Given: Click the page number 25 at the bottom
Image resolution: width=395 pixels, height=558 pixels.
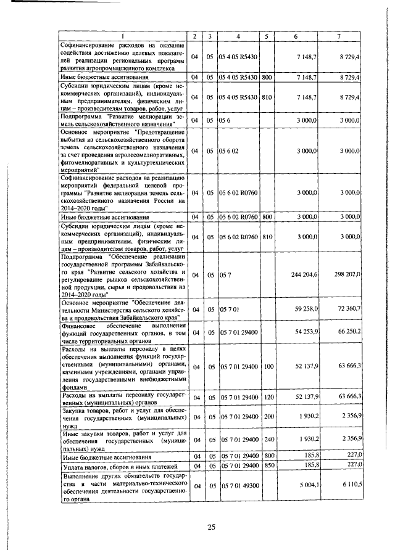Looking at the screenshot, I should (x=210, y=527).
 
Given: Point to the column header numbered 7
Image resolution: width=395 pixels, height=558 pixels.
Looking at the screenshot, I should (x=339, y=36).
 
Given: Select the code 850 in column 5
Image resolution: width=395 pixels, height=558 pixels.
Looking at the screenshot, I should (x=267, y=466).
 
